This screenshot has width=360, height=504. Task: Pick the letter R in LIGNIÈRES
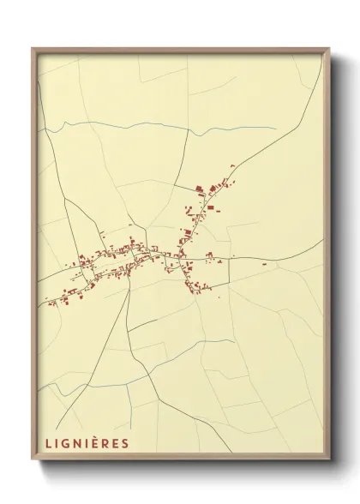point(106,443)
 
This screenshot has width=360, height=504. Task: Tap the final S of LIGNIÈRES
point(125,443)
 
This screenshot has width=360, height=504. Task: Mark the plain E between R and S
point(116,443)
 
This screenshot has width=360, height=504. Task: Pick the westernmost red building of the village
point(50,302)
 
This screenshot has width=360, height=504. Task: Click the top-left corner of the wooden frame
point(33,49)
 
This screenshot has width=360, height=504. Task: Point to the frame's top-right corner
point(329,49)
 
